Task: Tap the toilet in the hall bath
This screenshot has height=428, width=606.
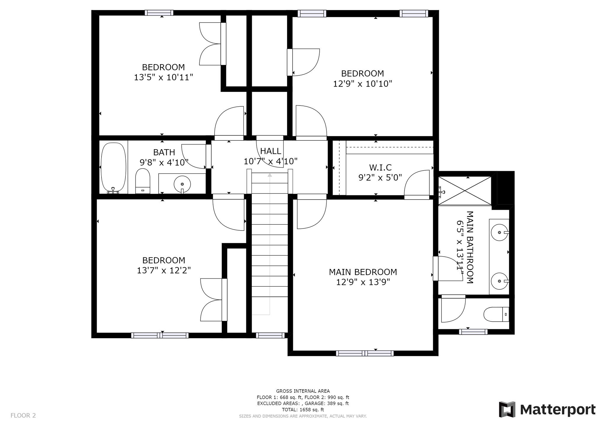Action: coord(143,181)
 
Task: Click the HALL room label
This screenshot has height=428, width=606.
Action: coord(270,151)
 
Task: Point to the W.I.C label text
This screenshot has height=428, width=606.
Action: coord(380,168)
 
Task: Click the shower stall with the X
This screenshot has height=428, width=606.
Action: coord(465,190)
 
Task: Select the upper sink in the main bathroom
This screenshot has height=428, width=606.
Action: coord(499,232)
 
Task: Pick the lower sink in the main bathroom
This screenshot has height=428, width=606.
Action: coord(499,281)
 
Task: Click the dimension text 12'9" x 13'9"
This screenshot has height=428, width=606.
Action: coord(363,282)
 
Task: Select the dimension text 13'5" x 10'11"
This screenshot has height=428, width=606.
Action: coord(163,77)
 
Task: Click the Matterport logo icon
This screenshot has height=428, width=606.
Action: coord(507,409)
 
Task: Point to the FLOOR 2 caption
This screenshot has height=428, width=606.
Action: coord(23,415)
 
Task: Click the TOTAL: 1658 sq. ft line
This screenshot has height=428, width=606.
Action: coord(303,410)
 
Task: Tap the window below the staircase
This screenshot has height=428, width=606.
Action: coord(270,335)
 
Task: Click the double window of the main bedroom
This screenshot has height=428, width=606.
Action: coord(365,353)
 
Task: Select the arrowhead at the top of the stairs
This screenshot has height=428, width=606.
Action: coord(270,175)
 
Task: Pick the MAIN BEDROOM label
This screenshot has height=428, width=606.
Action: coord(363,272)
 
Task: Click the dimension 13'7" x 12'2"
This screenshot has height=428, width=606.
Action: coord(164,270)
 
